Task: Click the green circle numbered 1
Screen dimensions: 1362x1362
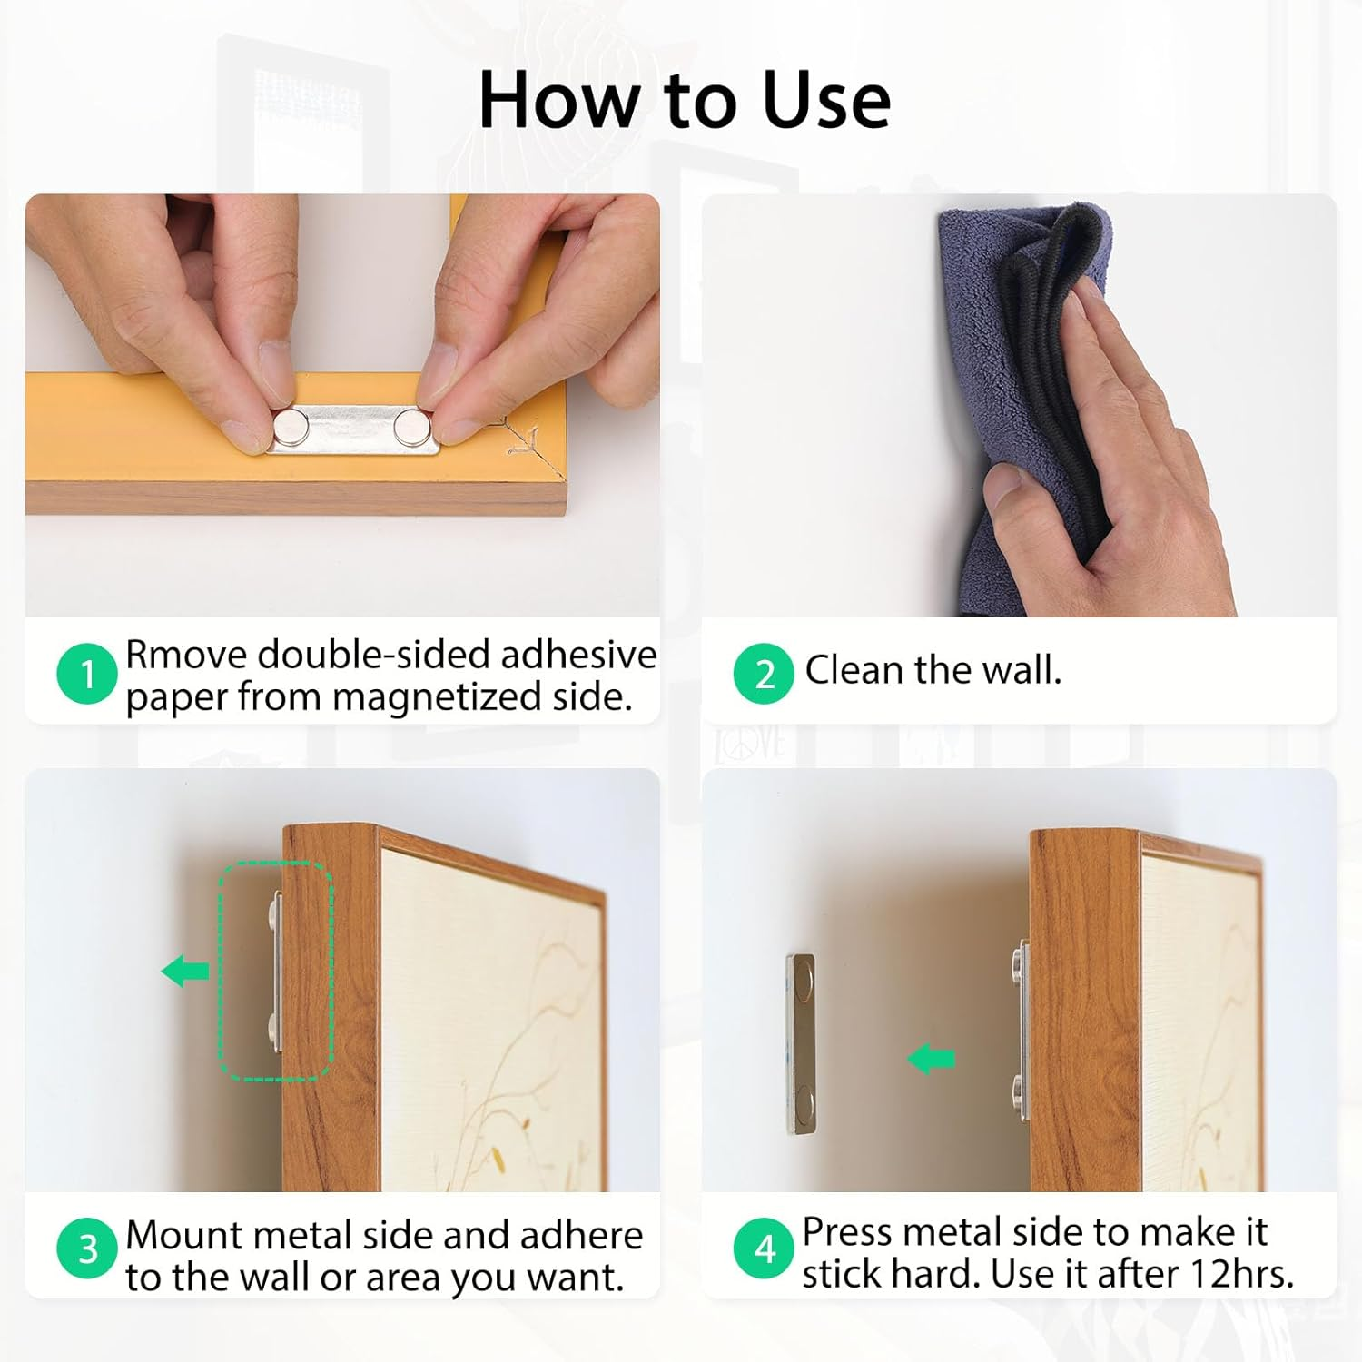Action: pos(87,674)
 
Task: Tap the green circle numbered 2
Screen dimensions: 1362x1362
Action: pos(765,674)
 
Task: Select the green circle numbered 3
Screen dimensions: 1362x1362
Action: pos(87,1248)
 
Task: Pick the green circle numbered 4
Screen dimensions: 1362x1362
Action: pos(765,1248)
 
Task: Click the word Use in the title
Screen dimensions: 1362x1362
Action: pos(826,100)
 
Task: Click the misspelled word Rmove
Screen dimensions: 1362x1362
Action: pos(187,654)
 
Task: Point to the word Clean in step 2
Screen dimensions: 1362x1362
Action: pos(854,670)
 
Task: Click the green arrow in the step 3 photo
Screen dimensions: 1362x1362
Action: pos(185,971)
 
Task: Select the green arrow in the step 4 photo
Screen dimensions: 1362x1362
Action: pos(932,1059)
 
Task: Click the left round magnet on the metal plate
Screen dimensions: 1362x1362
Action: pos(291,425)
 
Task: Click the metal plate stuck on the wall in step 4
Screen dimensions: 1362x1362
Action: pos(800,1043)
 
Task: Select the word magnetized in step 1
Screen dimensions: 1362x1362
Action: pos(437,697)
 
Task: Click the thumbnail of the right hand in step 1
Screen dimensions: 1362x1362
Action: pos(439,363)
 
